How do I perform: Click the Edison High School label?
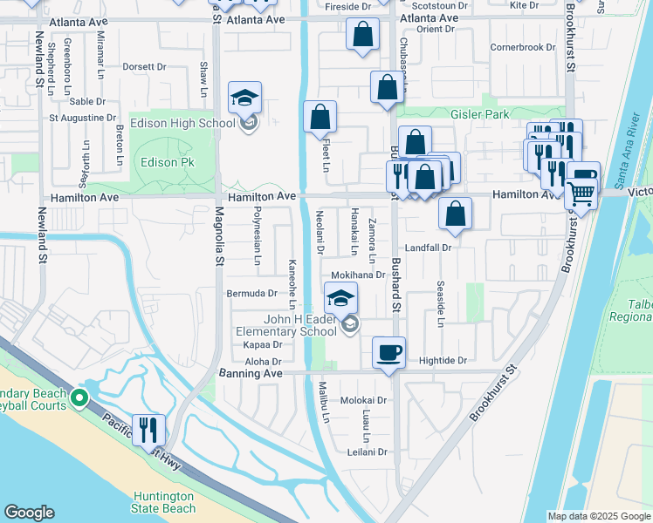click(182, 123)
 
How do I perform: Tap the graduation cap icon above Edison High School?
click(245, 98)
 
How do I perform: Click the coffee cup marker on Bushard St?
click(389, 352)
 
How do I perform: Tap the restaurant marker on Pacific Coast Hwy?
click(148, 430)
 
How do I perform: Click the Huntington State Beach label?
click(163, 502)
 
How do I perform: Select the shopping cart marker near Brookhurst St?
click(581, 194)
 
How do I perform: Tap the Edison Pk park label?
click(162, 162)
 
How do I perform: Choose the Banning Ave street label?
click(250, 373)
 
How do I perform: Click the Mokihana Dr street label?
click(357, 275)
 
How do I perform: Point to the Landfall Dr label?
click(427, 248)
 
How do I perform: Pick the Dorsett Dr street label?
click(144, 66)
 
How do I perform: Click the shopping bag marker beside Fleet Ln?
click(320, 118)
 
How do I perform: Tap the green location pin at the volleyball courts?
click(79, 399)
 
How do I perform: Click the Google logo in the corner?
click(29, 513)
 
